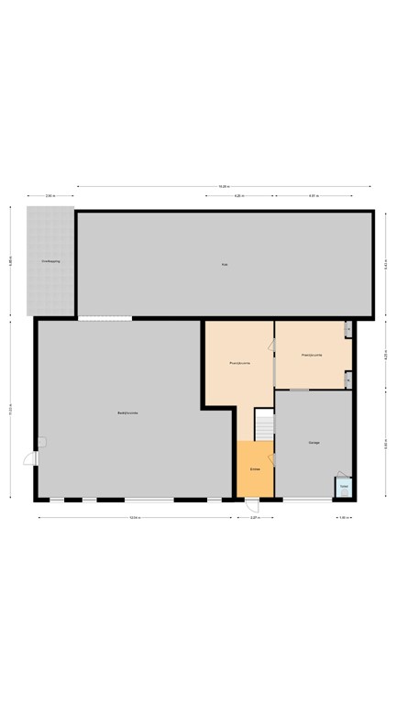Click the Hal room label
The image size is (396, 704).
tap(224, 265)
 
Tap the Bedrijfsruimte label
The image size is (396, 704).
tap(127, 413)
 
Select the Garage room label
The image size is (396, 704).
tap(313, 443)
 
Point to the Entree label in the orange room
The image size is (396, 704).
tap(255, 469)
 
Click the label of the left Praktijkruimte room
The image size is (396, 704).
tap(239, 364)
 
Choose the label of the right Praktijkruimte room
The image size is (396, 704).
tap(312, 355)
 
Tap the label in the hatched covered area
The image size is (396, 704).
tap(50, 261)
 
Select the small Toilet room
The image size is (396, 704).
tap(343, 487)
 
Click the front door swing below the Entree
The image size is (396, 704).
tap(251, 505)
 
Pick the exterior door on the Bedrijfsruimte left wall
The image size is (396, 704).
tap(31, 458)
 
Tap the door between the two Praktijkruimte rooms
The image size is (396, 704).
tap(272, 346)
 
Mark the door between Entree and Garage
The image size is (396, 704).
tap(271, 460)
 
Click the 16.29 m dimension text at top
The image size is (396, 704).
tap(224, 187)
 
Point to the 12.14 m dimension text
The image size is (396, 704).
tap(135, 518)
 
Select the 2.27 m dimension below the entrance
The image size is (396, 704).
tap(255, 518)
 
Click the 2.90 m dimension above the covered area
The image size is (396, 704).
tap(50, 196)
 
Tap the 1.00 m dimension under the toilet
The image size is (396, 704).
tap(343, 518)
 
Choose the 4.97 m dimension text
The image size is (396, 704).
tap(313, 196)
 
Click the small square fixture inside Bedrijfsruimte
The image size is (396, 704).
tap(41, 442)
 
